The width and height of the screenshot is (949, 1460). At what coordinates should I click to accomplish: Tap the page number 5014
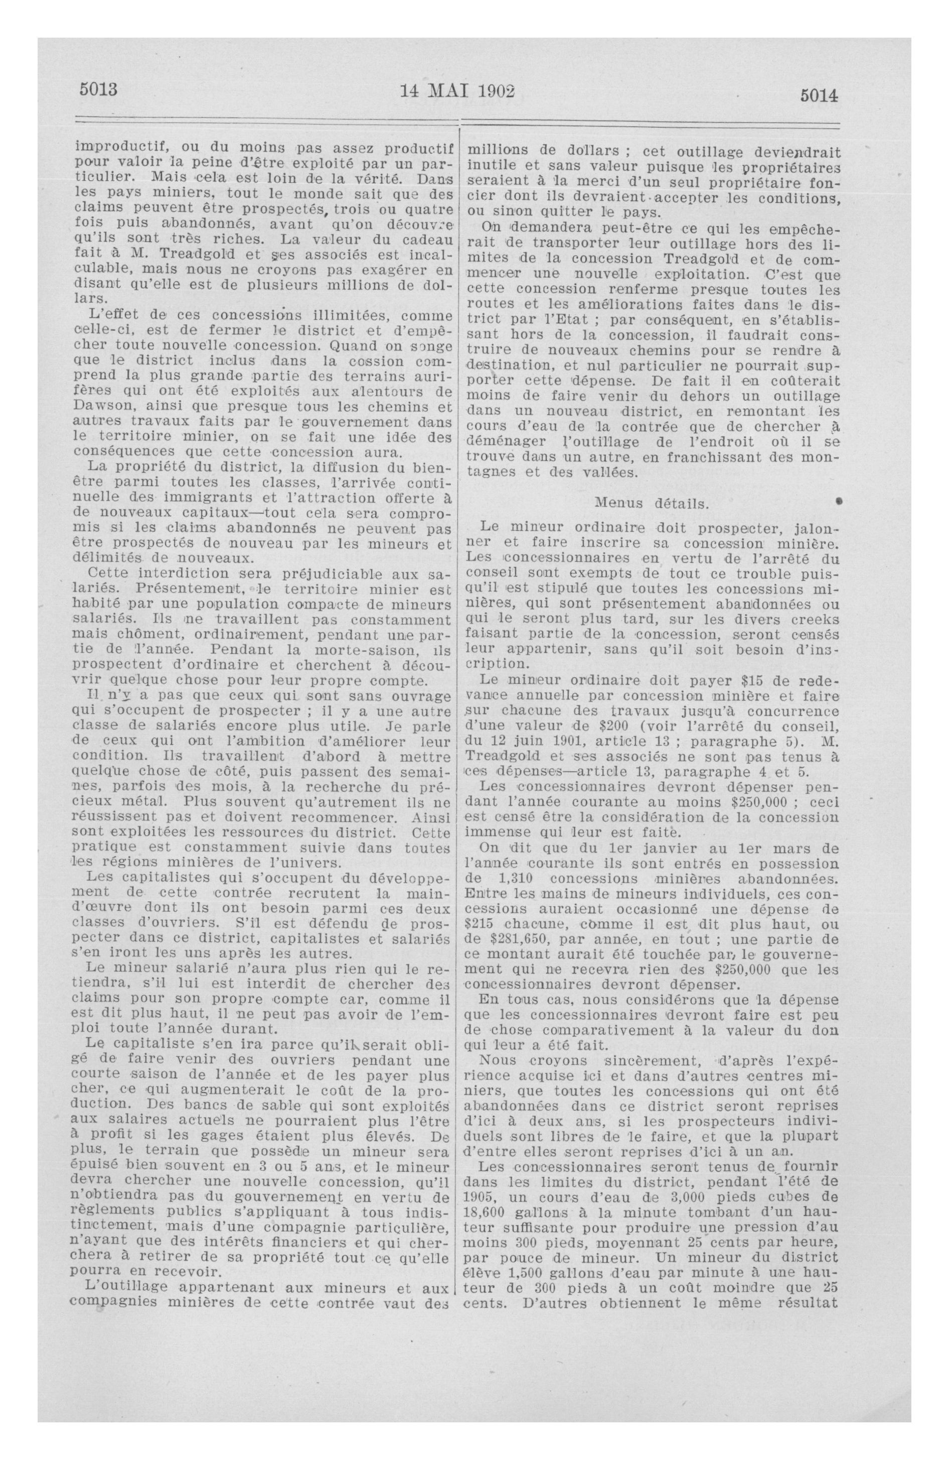819,96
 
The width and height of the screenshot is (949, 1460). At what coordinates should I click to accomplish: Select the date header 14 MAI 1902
457,91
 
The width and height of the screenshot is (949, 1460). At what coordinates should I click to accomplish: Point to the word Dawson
107,407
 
